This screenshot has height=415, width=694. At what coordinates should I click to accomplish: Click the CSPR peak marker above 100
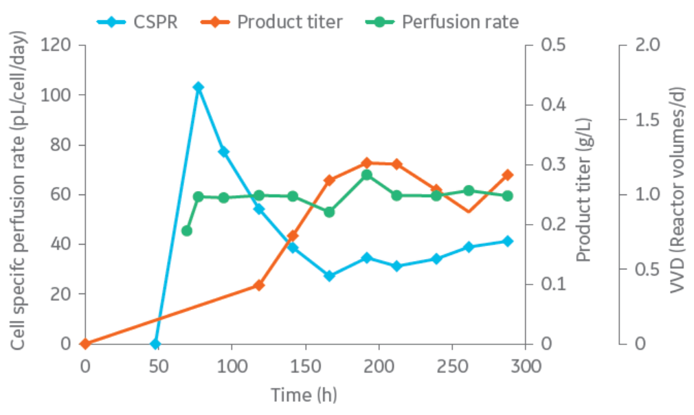coord(198,87)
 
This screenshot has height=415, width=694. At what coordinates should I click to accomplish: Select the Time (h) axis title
coord(304,394)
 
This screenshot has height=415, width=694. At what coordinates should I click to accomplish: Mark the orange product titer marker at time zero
coord(85,344)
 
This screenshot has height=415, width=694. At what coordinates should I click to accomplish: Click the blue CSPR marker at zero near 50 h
coord(156,344)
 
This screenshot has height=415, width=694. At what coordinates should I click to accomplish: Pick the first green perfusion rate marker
coord(186,231)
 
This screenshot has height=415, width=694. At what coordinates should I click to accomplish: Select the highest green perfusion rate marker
coord(367,175)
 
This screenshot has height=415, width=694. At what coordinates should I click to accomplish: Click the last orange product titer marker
coord(508,175)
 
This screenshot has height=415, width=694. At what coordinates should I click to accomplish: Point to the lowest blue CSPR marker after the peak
coord(329,276)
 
